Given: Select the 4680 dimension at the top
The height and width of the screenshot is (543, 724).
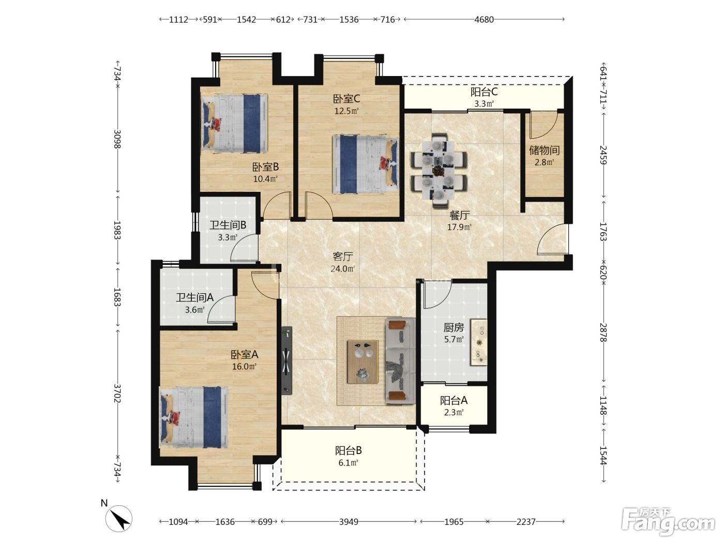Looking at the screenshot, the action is (484, 20).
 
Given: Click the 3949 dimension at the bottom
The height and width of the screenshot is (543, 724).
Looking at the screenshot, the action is (349, 522).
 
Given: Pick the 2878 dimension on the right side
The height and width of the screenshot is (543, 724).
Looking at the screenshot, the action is (603, 332).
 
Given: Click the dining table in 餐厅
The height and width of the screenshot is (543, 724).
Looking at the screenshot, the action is (439, 171).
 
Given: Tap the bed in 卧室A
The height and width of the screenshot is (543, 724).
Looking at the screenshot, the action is (193, 417).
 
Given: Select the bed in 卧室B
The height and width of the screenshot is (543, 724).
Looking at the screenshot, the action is (234, 123).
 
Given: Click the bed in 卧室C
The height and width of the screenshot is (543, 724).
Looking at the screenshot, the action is (365, 164).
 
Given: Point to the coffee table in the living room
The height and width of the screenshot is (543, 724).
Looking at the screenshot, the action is (363, 361).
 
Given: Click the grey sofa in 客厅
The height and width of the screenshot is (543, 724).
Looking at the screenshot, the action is (400, 360).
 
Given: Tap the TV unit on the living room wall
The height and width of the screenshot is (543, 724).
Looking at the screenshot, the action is (286, 360).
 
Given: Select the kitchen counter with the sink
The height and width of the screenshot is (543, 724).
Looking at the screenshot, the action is (478, 342).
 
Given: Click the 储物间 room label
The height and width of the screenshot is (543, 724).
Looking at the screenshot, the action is (544, 150).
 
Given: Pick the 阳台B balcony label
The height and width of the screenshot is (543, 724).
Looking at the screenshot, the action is (349, 450).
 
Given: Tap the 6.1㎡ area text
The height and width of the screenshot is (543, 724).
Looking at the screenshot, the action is (349, 463).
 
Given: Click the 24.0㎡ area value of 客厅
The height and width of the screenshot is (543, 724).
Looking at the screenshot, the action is (343, 269).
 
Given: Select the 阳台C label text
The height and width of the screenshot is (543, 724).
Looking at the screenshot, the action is (484, 92).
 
